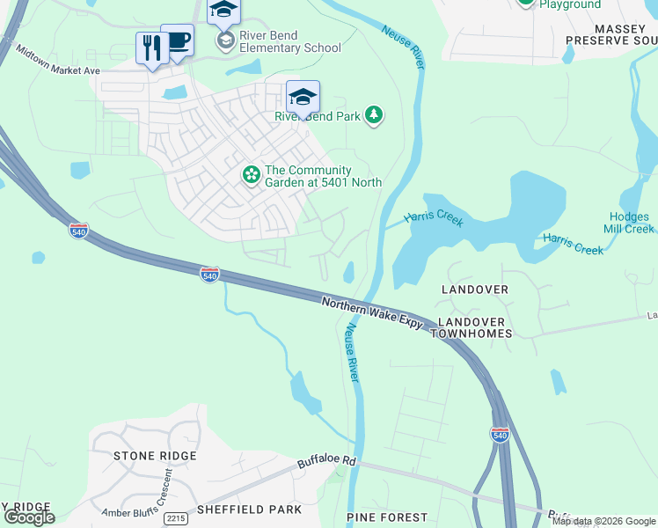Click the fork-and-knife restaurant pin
click(151, 48)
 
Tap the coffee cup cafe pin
click(177, 40)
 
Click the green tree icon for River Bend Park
click(375, 115)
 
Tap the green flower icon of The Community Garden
click(252, 176)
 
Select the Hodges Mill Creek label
click(630, 223)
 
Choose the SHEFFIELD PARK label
click(249, 510)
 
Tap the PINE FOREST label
click(387, 517)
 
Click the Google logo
click(29, 517)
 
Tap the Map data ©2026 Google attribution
click(603, 521)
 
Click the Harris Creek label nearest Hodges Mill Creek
click(573, 244)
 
